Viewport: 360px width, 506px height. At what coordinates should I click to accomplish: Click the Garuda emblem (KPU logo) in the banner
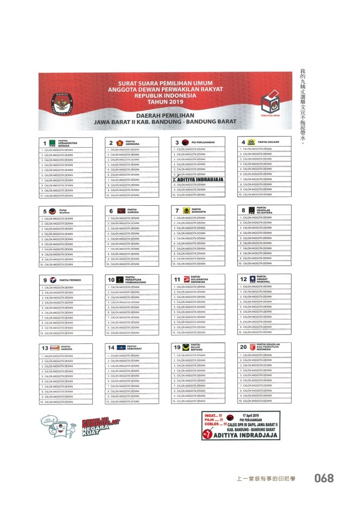[x=60, y=102]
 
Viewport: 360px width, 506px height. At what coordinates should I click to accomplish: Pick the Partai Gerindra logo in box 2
[x=119, y=143]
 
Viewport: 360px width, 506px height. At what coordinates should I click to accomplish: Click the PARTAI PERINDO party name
[x=70, y=280]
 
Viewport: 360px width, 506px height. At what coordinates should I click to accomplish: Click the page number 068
[x=324, y=478]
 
